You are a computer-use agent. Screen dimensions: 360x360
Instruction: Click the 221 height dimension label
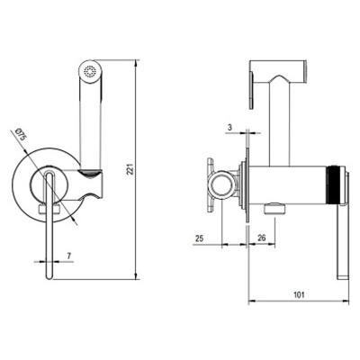click(x=130, y=169)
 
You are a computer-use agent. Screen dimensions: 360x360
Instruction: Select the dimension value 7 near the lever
click(x=68, y=256)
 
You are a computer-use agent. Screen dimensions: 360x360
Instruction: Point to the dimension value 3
click(x=229, y=127)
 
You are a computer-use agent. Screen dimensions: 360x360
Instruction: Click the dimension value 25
click(x=199, y=238)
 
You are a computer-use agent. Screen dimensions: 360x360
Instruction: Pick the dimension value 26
click(x=262, y=238)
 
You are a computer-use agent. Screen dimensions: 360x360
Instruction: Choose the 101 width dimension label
click(x=299, y=294)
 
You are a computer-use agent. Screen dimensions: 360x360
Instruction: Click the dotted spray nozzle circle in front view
click(x=89, y=72)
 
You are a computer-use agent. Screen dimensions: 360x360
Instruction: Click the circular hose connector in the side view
click(x=221, y=186)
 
